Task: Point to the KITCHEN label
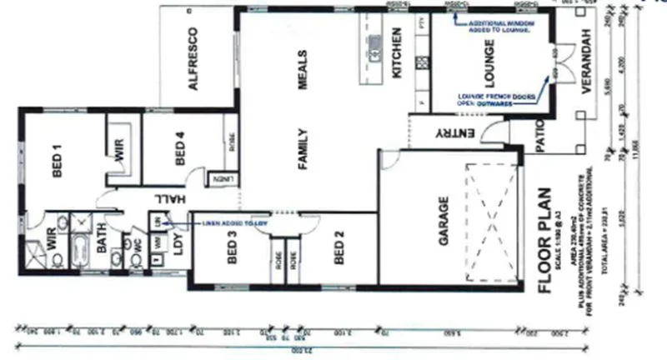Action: [398, 53]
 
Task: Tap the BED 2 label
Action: [339, 247]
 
